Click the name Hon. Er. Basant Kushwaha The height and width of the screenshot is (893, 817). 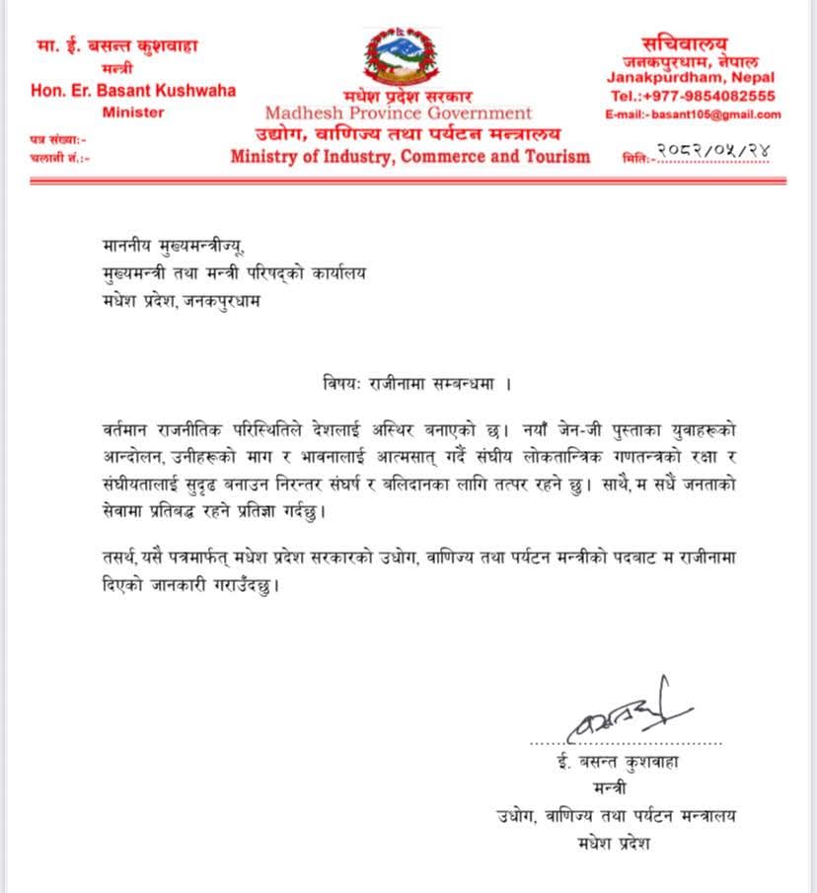tap(133, 90)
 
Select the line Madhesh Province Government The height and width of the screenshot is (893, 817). tap(399, 112)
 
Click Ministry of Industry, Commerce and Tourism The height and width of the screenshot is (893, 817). tap(410, 156)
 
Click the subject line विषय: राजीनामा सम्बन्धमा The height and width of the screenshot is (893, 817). tap(408, 379)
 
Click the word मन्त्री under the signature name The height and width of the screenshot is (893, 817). tap(619, 788)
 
